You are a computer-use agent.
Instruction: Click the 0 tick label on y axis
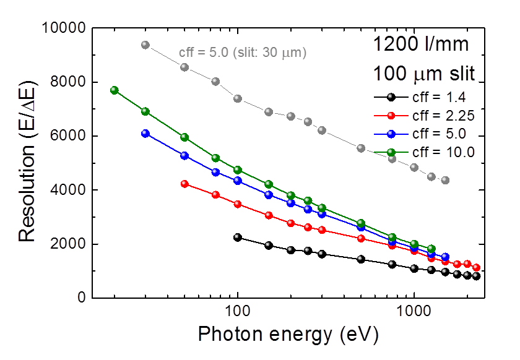81,298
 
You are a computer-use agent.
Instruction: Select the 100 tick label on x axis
237,310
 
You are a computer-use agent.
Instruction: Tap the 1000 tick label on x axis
414,310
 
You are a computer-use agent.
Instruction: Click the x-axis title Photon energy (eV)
288,335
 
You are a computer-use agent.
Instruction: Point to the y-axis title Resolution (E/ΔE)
28,163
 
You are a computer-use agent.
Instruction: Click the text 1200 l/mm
425,45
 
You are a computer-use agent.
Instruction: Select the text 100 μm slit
423,74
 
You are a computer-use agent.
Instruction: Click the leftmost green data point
114,90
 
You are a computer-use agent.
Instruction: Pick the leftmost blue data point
145,134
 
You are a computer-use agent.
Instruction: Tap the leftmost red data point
184,184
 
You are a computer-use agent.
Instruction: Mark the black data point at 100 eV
238,238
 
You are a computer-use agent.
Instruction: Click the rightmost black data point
476,276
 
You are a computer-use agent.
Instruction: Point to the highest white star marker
144,44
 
